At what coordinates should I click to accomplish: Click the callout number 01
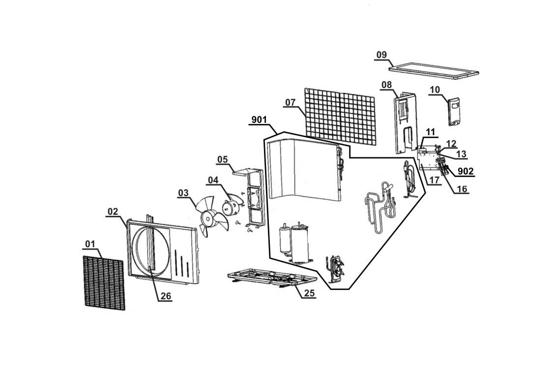pos(90,244)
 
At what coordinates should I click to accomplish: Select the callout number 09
pos(381,55)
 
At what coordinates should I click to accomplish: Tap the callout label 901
pos(259,120)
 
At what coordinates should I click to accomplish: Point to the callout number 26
pos(166,296)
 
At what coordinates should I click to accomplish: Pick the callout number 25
pos(309,293)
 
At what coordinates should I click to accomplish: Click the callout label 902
pos(466,171)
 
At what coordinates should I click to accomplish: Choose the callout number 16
pos(461,189)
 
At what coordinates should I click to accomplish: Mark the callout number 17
pos(434,180)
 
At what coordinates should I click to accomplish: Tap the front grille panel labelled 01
pos(104,283)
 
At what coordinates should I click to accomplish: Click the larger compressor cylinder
pos(301,242)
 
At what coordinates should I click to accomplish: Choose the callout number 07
pos(290,102)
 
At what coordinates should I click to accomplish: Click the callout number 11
pos(431,132)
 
